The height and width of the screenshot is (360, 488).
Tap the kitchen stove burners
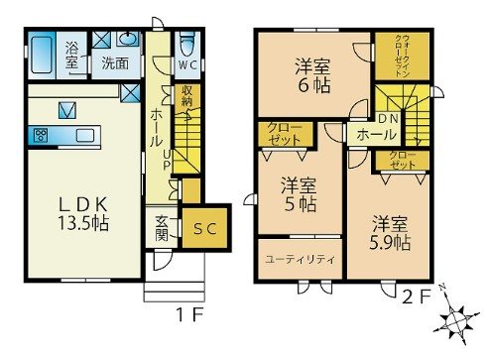[43, 134]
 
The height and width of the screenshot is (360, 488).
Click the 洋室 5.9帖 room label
[390, 232]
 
